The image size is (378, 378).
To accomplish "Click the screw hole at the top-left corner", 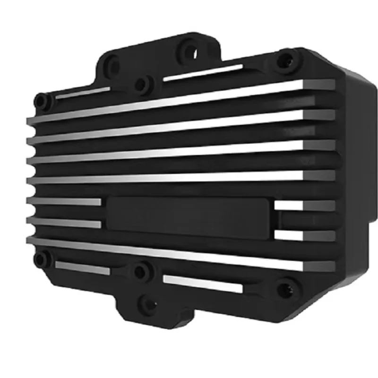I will pyautogui.click(x=42, y=101).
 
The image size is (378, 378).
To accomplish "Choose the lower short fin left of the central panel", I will pyautogui.click(x=64, y=223).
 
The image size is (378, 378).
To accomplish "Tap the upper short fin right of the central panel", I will pyautogui.click(x=304, y=205).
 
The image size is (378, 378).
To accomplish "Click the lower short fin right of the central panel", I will pyautogui.click(x=304, y=235).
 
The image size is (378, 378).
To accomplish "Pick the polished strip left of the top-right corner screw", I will pyautogui.click(x=203, y=72).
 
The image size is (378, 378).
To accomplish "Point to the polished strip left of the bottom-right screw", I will pyautogui.click(x=203, y=283).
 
